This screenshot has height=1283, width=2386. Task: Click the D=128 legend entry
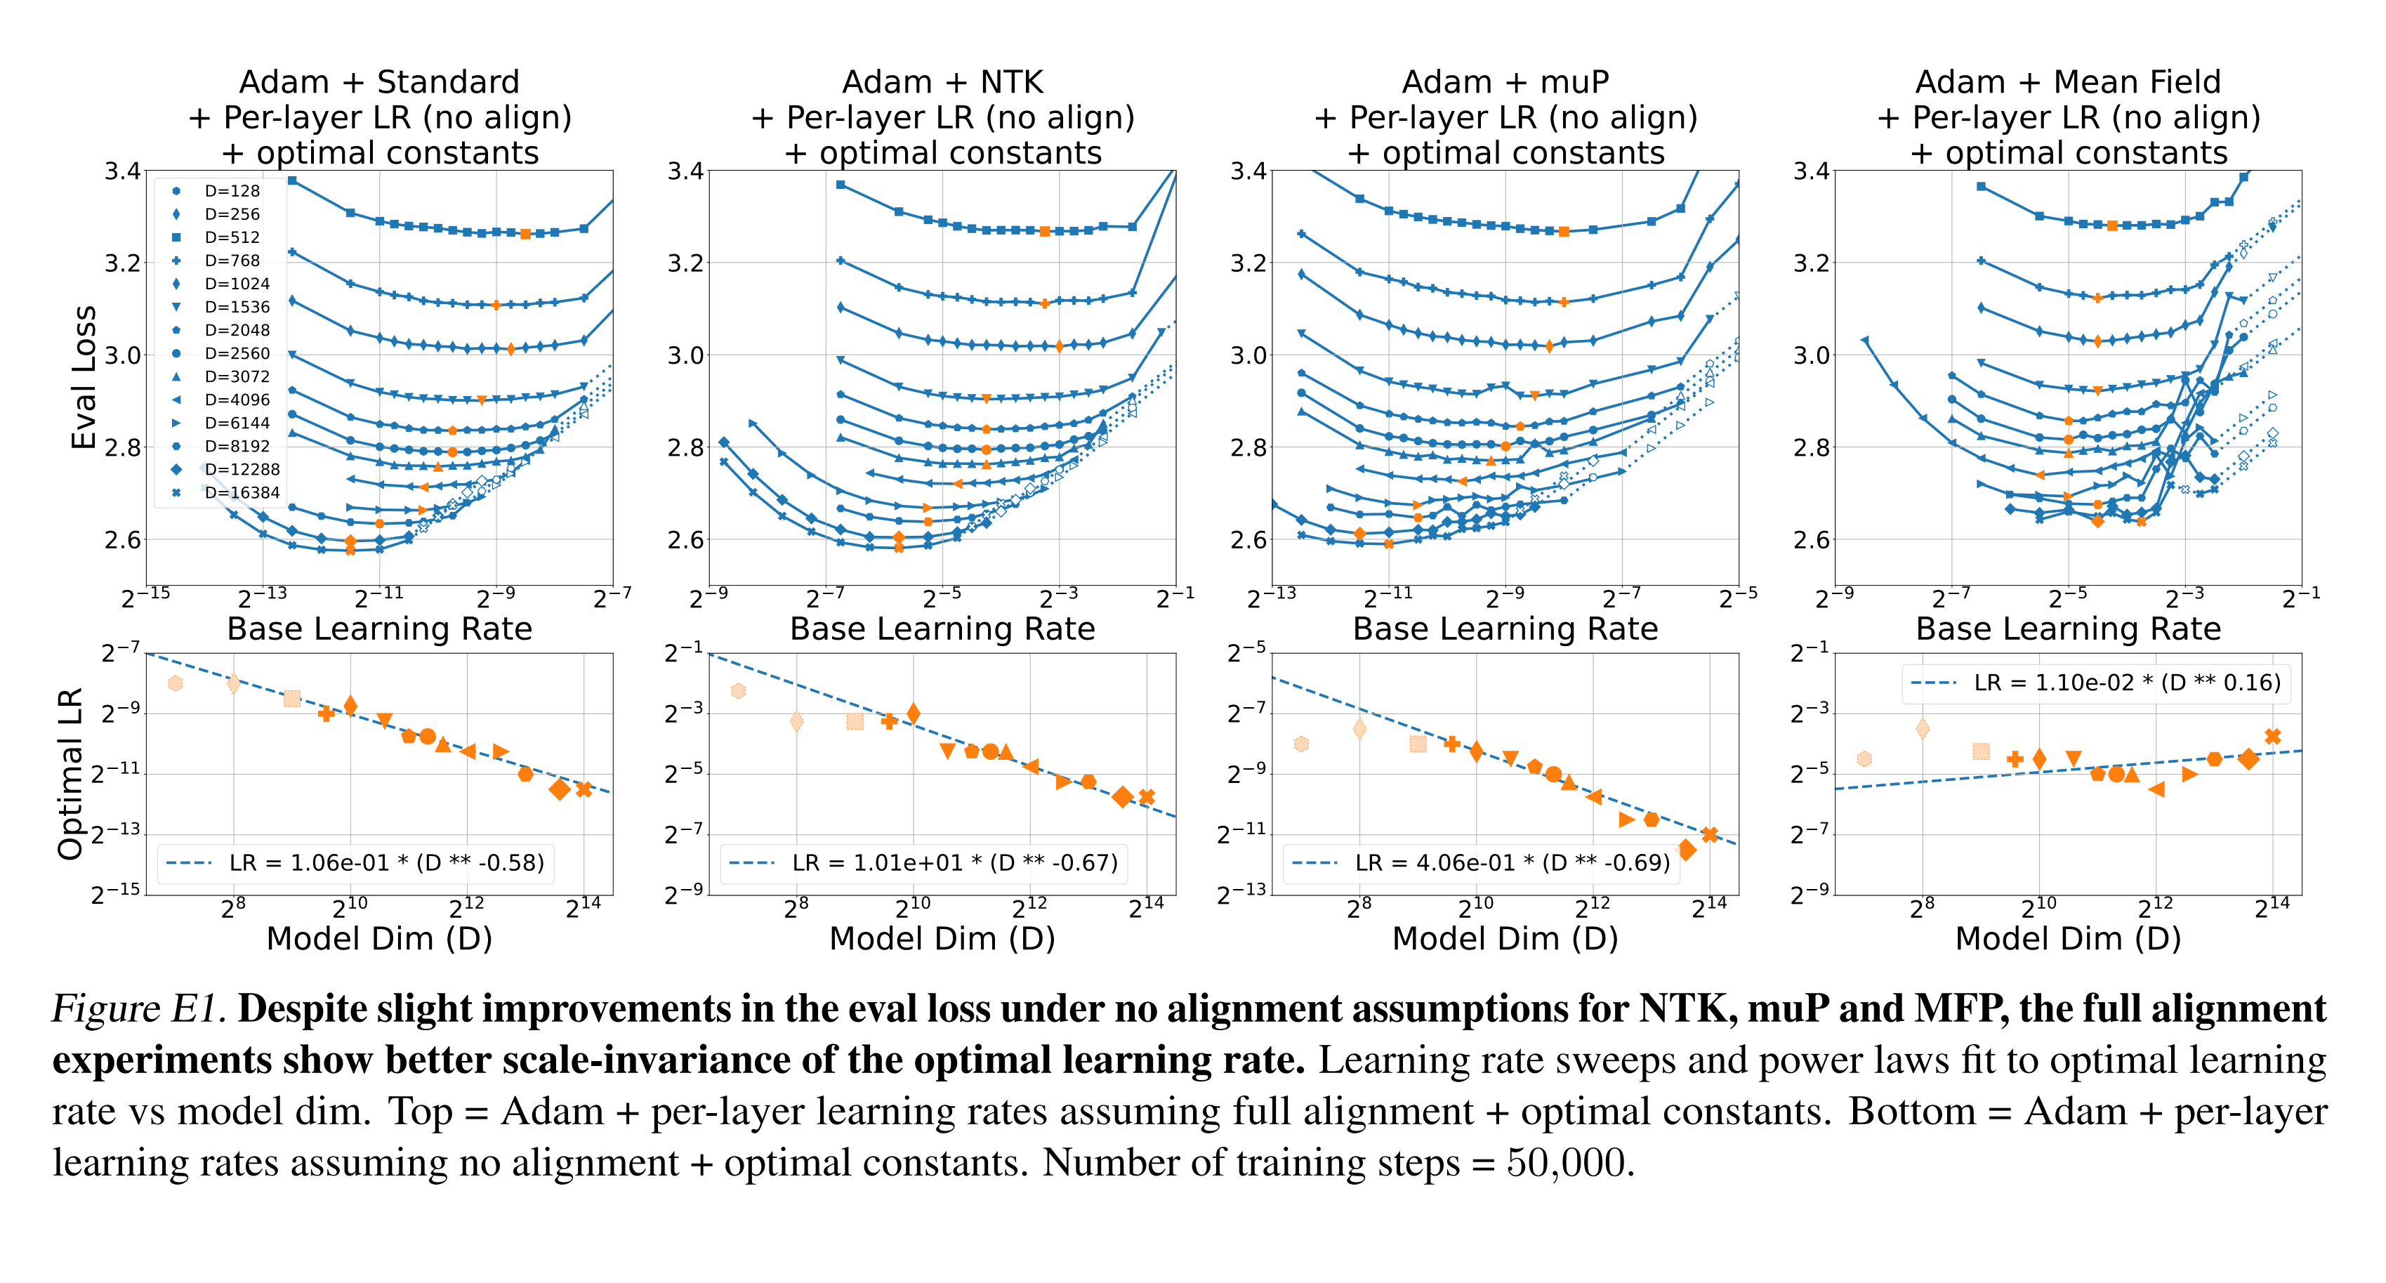point(232,191)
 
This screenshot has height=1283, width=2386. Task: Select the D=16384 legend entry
point(241,493)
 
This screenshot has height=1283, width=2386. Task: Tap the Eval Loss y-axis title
point(84,377)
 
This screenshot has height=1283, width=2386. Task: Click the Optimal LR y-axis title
point(70,773)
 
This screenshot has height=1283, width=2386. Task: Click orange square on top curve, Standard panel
point(525,235)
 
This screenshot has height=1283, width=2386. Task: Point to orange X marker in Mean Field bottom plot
point(2272,737)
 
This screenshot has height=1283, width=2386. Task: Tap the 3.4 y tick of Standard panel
point(122,171)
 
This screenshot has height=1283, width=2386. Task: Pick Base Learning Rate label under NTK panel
point(942,629)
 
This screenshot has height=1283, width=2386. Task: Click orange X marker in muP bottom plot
point(1710,835)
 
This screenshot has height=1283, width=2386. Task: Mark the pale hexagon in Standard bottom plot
point(175,684)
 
